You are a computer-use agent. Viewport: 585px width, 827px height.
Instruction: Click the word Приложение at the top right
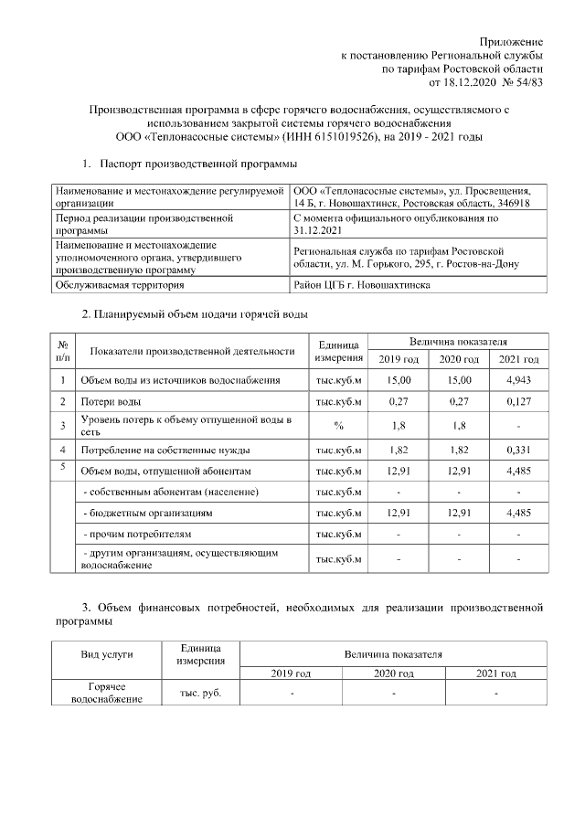pos(512,42)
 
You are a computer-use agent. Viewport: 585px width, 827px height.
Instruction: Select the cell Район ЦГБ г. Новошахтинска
pos(362,285)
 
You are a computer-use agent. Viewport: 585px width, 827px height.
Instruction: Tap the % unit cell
pos(338,425)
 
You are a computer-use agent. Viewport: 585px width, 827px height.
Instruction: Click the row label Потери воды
pos(111,402)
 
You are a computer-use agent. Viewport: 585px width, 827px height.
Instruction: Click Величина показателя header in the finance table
pos(393,654)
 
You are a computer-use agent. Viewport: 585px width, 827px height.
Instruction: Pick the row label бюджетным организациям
pos(147,514)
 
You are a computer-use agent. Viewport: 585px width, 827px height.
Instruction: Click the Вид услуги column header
pos(107,654)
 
